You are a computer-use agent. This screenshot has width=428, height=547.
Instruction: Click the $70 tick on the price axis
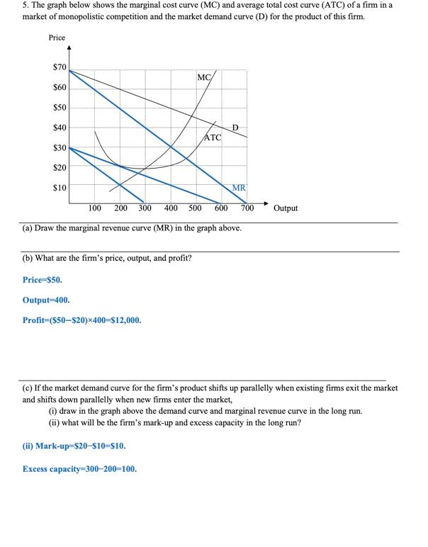point(59,67)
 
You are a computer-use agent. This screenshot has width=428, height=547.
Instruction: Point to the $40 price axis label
point(59,128)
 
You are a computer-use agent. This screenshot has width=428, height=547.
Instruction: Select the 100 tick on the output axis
point(94,208)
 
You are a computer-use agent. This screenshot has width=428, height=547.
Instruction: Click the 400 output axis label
point(171,208)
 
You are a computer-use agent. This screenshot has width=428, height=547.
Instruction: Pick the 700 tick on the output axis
point(247,208)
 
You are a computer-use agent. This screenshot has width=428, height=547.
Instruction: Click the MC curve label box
point(205,77)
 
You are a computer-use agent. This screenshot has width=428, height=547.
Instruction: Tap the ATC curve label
point(213,137)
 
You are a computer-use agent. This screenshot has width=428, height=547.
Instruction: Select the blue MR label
point(239,188)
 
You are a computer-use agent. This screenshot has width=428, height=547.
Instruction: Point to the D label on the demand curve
point(237,128)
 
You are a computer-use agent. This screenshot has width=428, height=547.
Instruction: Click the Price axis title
point(57,38)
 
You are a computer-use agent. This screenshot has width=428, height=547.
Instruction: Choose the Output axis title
point(286,208)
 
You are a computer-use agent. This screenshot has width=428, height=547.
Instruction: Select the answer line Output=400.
point(46,300)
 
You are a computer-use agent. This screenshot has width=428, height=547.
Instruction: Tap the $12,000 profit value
point(123,320)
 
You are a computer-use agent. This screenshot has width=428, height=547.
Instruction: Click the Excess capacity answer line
point(79,469)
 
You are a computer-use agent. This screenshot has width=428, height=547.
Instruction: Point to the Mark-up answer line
point(74,446)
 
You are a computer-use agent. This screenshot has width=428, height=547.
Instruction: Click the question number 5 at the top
point(5,5)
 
